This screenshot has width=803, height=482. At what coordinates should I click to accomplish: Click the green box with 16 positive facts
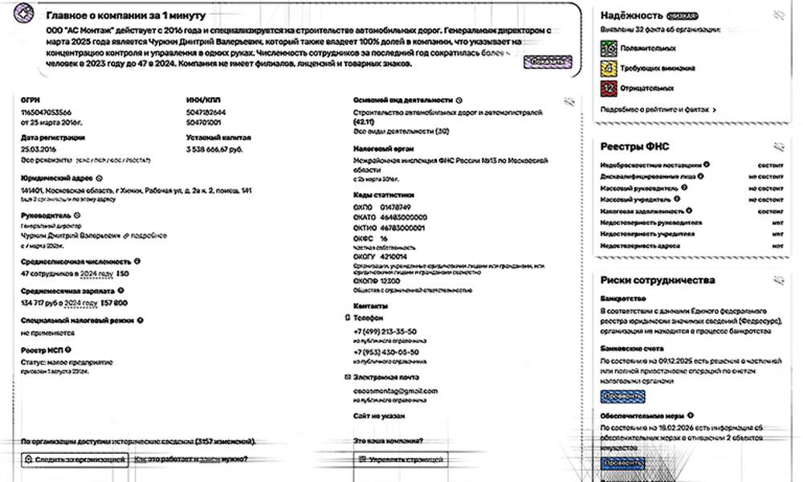tap(609, 48)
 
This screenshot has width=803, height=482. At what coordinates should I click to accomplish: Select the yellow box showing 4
tap(609, 68)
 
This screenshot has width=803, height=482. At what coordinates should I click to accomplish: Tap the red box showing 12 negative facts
tap(609, 88)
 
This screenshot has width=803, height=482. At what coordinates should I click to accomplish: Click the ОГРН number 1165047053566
tap(46, 112)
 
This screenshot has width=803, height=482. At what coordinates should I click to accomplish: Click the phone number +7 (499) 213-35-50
tap(385, 331)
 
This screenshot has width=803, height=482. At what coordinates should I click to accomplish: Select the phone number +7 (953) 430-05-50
tap(385, 352)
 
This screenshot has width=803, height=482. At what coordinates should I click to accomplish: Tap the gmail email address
tap(395, 390)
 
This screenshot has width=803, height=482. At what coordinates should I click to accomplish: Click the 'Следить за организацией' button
tap(75, 460)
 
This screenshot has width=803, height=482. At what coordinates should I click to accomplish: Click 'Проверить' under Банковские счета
tap(622, 396)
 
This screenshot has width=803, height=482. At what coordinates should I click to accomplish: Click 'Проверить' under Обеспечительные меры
tap(622, 463)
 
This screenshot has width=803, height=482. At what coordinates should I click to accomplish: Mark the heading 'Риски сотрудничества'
tap(657, 280)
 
